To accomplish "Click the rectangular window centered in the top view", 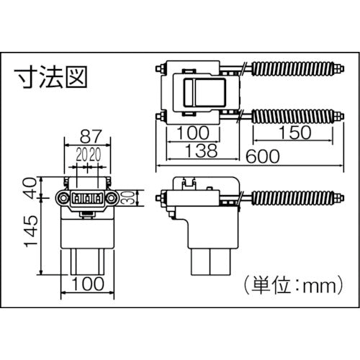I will [204, 92].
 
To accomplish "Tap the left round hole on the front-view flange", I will [64, 197].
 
